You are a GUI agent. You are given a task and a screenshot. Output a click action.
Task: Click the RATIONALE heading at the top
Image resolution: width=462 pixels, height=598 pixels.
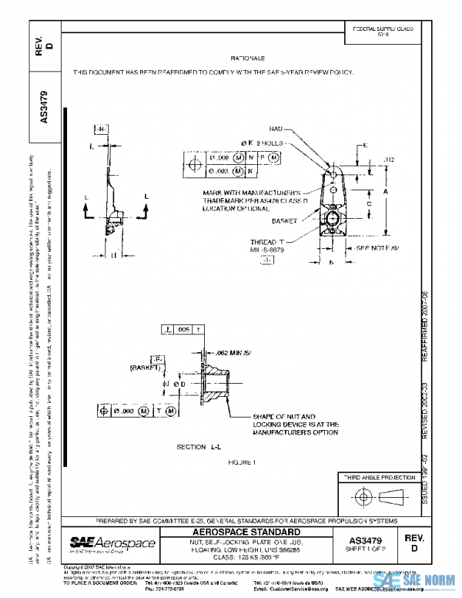tap(247, 59)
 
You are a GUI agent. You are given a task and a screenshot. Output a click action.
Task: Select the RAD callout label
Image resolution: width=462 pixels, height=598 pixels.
tap(276, 129)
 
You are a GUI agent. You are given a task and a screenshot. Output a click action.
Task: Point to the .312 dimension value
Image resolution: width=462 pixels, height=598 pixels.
tap(388, 160)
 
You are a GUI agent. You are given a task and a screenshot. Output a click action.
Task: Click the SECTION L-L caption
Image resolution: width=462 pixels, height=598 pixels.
tap(197, 447)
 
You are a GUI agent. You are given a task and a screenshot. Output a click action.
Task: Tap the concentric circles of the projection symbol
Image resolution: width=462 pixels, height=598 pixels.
tap(359, 496)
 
